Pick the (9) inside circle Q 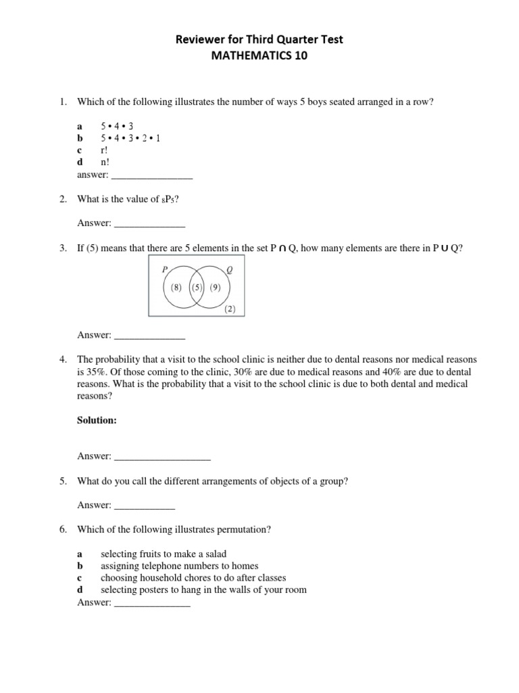(215, 286)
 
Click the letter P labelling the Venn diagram (164, 269)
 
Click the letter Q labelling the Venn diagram (229, 269)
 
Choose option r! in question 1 (105, 150)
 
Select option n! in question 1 (105, 162)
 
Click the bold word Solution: (97, 420)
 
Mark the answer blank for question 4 (162, 456)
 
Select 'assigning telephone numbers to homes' (179, 566)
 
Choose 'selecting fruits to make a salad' (164, 554)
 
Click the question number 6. (62, 529)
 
